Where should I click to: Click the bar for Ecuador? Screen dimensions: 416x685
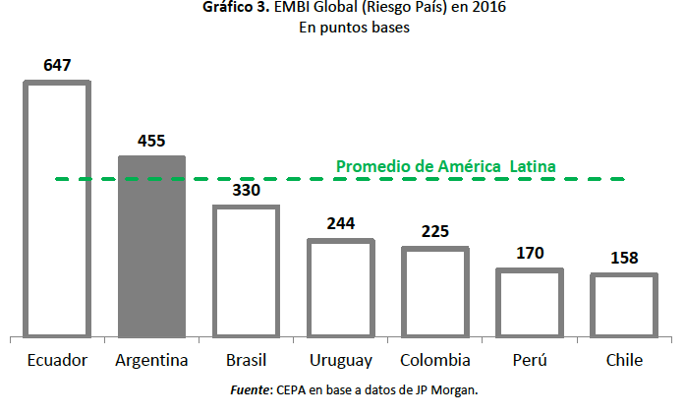pyautogui.click(x=57, y=208)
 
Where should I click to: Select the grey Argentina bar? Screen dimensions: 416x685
pyautogui.click(x=151, y=246)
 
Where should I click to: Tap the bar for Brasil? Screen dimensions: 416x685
pyautogui.click(x=247, y=270)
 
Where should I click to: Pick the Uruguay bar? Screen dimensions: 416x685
pyautogui.click(x=341, y=287)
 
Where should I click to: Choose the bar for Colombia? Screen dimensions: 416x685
pyautogui.click(x=435, y=291)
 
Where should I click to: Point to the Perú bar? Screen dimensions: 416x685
pyautogui.click(x=529, y=302)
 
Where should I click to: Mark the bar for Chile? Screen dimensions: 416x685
pyautogui.click(x=623, y=305)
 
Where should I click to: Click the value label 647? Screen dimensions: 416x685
pyautogui.click(x=57, y=66)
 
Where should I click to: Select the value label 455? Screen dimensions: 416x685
pyautogui.click(x=151, y=141)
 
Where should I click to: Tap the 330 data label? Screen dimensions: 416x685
pyautogui.click(x=247, y=190)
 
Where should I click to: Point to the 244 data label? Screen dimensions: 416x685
pyautogui.click(x=341, y=223)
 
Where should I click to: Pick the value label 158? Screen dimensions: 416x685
pyautogui.click(x=623, y=259)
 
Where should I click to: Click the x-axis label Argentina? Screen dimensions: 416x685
pyautogui.click(x=151, y=360)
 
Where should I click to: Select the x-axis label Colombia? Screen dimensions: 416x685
pyautogui.click(x=435, y=360)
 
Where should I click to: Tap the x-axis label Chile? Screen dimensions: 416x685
pyautogui.click(x=623, y=360)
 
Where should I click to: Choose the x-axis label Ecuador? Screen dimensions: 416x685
pyautogui.click(x=57, y=360)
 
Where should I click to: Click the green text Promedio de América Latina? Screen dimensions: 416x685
pyautogui.click(x=446, y=166)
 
